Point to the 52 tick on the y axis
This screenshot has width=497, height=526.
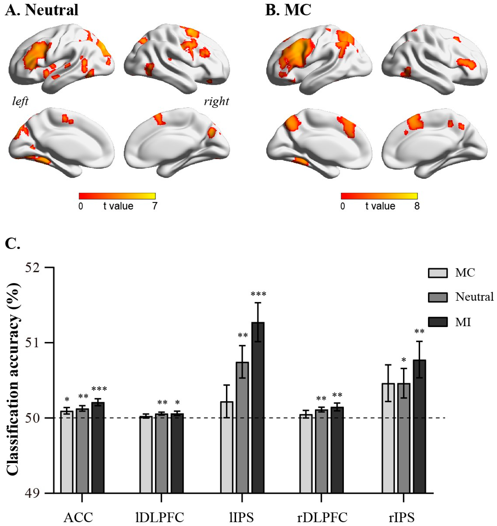[x=50, y=267]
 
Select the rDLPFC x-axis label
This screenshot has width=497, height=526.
[x=322, y=517]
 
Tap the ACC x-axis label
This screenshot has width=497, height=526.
[x=78, y=517]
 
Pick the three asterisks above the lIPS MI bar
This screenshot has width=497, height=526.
[x=258, y=294]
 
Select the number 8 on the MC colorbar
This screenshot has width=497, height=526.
[x=417, y=206]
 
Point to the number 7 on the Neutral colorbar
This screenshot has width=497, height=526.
[x=155, y=206]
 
